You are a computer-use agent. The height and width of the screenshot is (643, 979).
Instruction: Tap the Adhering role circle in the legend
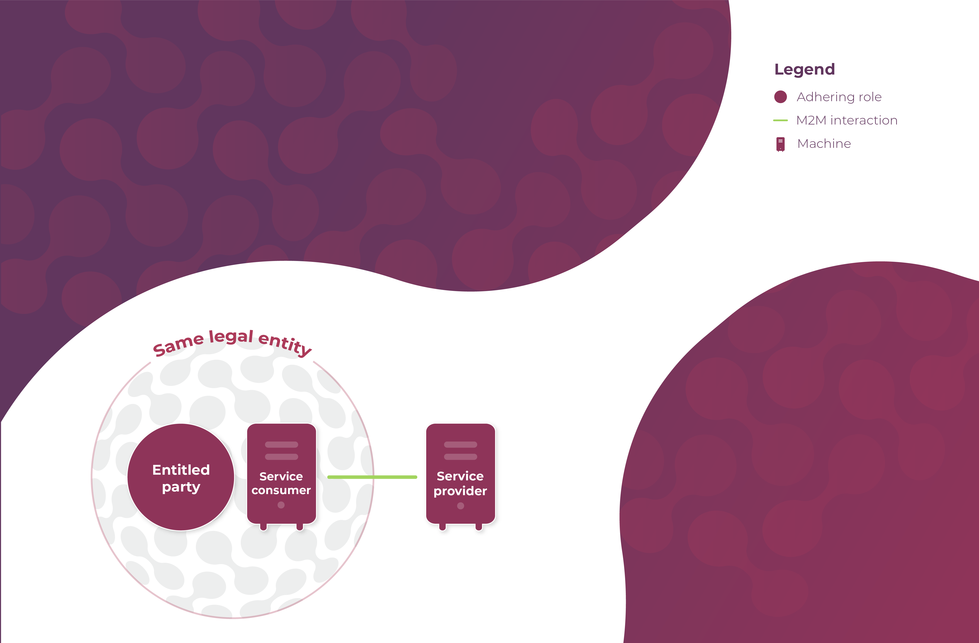(x=780, y=97)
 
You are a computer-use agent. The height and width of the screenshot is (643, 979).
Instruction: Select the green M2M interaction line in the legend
(x=780, y=120)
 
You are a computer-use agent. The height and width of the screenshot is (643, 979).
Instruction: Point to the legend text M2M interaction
(x=847, y=120)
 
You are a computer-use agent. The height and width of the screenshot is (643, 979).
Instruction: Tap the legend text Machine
(x=824, y=144)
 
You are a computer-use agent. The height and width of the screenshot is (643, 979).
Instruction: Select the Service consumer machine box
(x=281, y=473)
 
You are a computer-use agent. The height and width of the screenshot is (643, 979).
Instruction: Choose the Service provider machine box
(x=460, y=473)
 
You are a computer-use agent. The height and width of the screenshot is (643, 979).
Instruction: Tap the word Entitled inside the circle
(x=181, y=470)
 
